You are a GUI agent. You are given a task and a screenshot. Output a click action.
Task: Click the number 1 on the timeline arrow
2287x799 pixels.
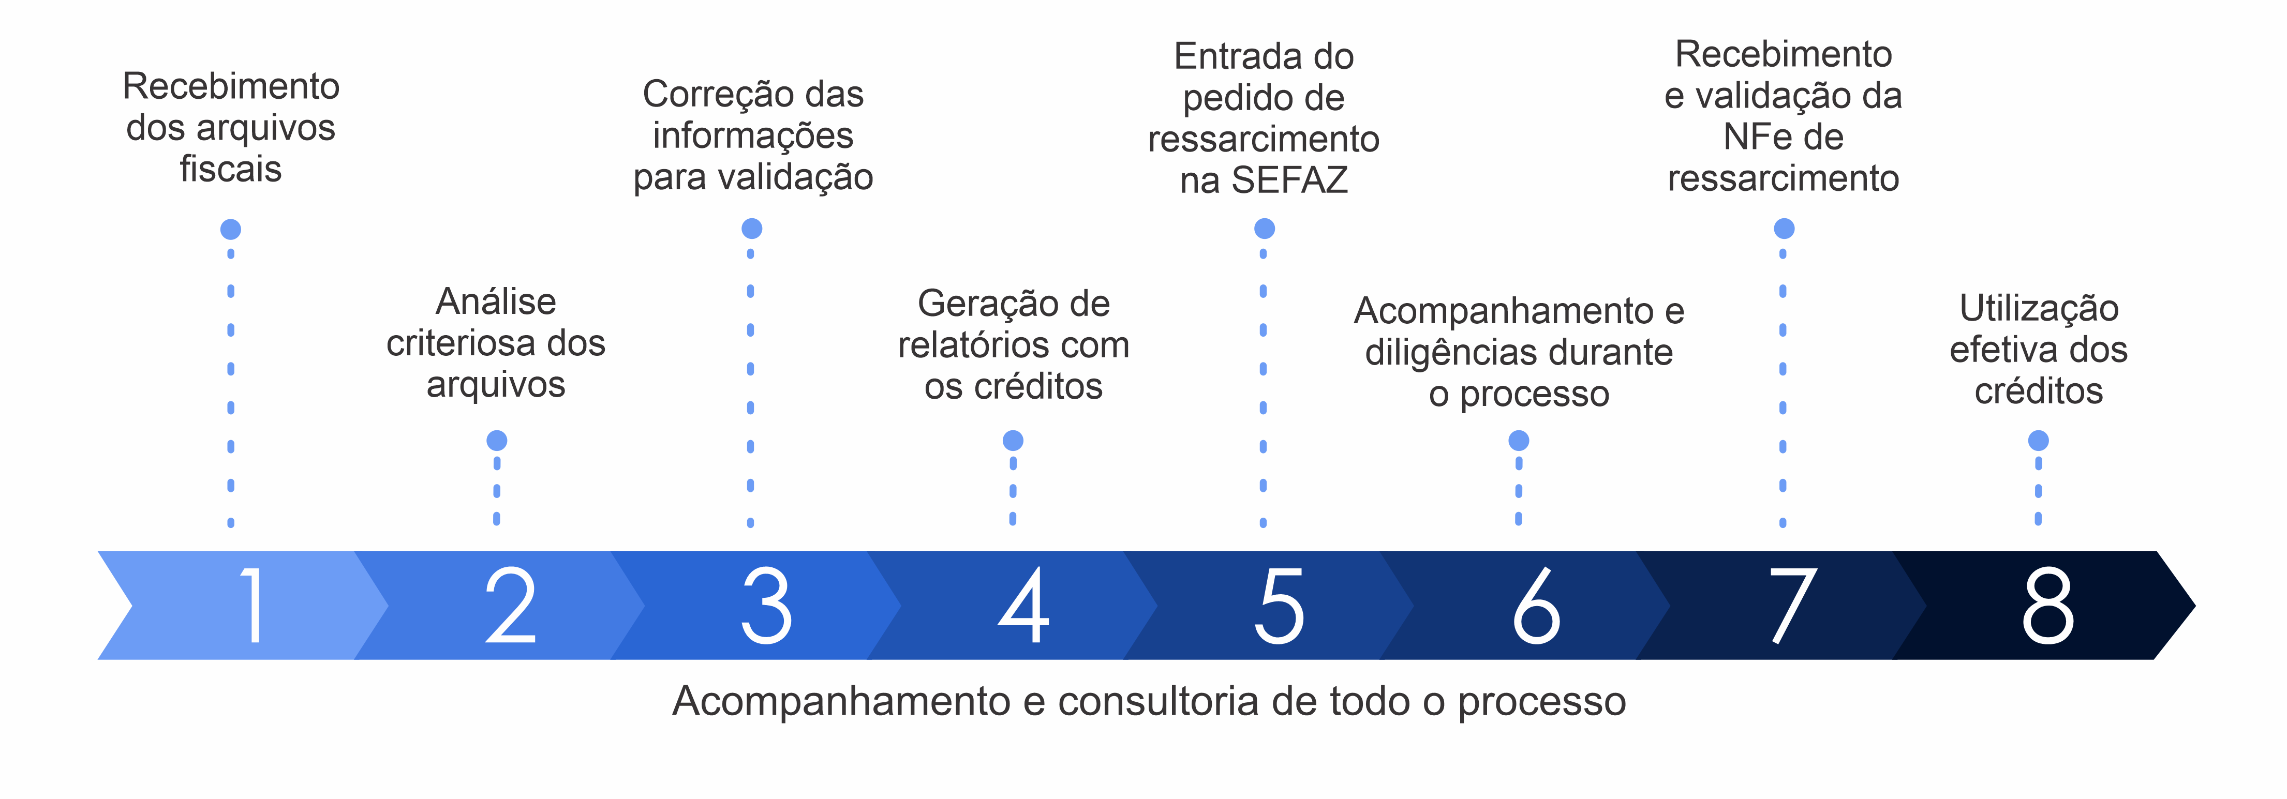pos(253,606)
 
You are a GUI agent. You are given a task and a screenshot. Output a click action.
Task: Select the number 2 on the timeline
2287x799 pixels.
pos(511,606)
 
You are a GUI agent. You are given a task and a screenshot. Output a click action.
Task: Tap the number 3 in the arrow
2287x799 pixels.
pos(766,606)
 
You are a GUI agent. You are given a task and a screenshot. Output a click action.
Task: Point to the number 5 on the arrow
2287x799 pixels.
pos(1280,606)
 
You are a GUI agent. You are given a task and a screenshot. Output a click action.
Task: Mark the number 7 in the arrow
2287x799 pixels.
pos(1792,606)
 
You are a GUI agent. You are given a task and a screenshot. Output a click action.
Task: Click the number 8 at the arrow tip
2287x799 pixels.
pos(2048,606)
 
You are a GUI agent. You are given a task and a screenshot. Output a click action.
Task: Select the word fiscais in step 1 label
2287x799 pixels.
pos(231,169)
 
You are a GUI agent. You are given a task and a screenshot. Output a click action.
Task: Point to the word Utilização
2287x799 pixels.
pos(2039,309)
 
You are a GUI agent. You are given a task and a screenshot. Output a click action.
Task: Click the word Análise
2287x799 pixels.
pos(496,302)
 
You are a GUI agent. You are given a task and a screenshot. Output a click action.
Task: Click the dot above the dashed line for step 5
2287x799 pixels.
pos(1264,229)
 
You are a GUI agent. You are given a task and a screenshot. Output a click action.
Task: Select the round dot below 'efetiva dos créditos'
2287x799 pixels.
pos(2039,440)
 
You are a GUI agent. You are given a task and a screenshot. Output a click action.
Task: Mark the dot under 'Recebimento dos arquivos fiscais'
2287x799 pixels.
pos(231,229)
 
